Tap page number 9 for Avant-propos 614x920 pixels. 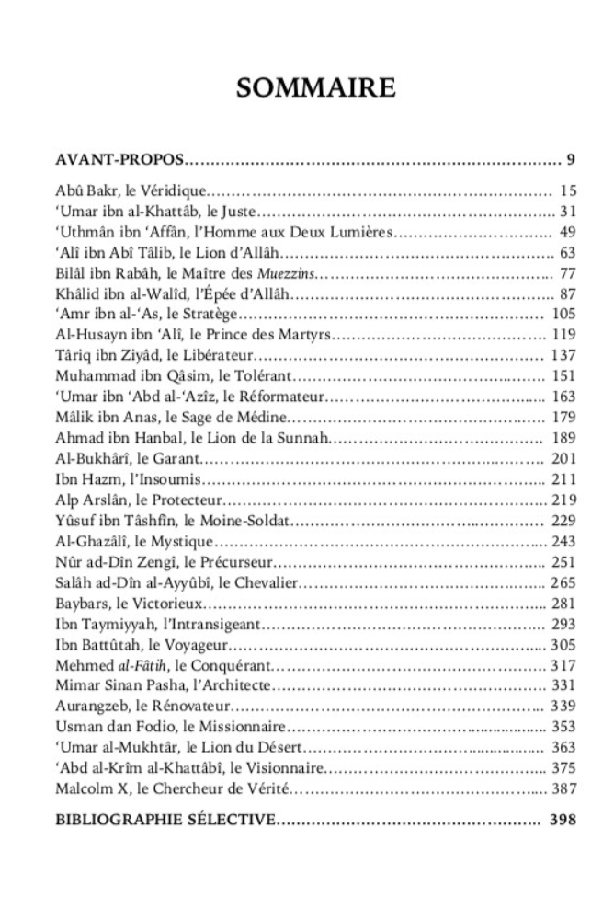(x=570, y=162)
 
